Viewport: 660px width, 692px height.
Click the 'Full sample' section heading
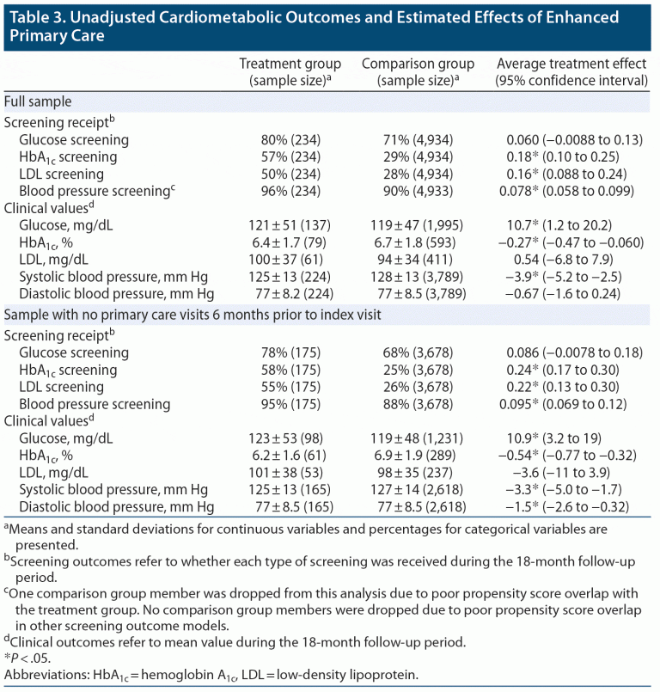click(38, 101)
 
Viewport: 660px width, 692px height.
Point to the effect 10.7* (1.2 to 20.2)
click(559, 226)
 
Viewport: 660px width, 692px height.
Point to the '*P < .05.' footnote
click(28, 658)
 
